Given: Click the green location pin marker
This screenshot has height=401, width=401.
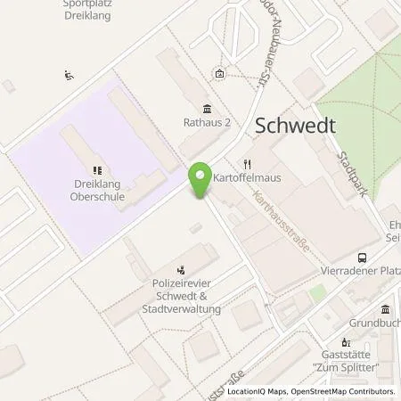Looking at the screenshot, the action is click(200, 178).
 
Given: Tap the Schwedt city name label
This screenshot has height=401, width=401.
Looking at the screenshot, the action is click(295, 126).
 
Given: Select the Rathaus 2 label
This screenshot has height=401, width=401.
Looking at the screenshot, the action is click(207, 125).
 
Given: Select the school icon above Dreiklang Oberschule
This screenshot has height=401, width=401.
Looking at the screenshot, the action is click(97, 169).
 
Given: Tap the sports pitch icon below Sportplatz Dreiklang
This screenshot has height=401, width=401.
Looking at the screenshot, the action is click(70, 75).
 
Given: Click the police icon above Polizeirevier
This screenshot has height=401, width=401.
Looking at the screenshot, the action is click(182, 266).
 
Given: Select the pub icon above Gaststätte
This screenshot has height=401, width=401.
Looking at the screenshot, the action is click(348, 342).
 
